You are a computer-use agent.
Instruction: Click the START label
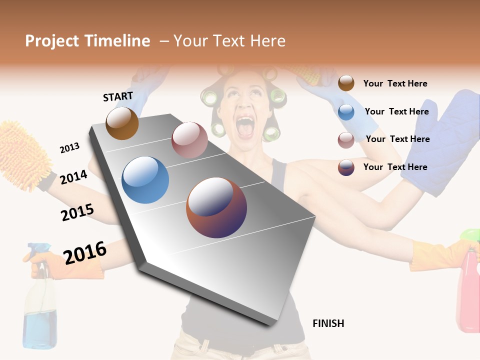pos(118,96)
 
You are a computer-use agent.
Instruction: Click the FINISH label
pos(328,323)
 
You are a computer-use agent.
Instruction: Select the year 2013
pos(69,148)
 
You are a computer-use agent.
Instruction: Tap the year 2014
pos(73,177)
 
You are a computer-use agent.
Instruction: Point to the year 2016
pos(84,253)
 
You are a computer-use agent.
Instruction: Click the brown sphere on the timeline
pos(122,123)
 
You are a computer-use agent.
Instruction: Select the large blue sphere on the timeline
pos(145,180)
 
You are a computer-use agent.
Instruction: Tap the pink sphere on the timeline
pos(189,139)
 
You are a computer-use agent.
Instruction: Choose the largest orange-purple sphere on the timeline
pos(216,207)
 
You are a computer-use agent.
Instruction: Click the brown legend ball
pos(346,83)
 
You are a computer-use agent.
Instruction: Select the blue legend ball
pos(346,112)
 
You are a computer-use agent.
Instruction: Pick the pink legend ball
pos(346,140)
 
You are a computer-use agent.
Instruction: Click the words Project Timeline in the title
pos(87,41)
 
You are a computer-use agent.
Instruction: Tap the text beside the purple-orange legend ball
pos(395,167)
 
